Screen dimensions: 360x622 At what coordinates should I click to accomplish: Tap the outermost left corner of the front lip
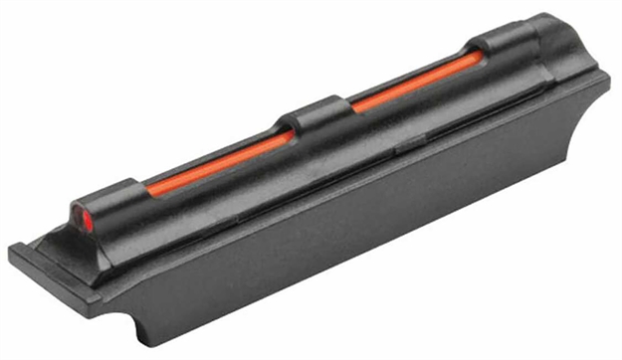click(x=13, y=250)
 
